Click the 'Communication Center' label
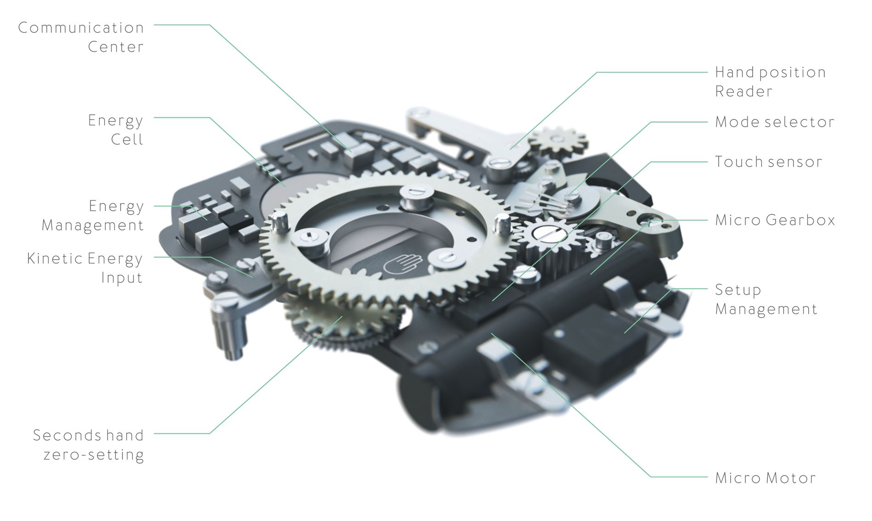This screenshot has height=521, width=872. [x=81, y=37]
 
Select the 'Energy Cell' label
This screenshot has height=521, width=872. [x=116, y=130]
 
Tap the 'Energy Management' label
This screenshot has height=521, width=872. [x=93, y=216]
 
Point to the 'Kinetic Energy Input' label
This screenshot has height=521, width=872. [x=85, y=268]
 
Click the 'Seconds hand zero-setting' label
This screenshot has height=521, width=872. [x=89, y=445]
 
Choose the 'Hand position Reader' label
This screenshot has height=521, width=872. [x=771, y=82]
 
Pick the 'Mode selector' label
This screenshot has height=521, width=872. [x=775, y=122]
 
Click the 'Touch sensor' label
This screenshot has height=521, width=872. [x=769, y=162]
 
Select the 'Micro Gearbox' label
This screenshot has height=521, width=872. [x=775, y=220]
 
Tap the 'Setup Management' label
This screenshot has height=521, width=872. [x=766, y=299]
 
